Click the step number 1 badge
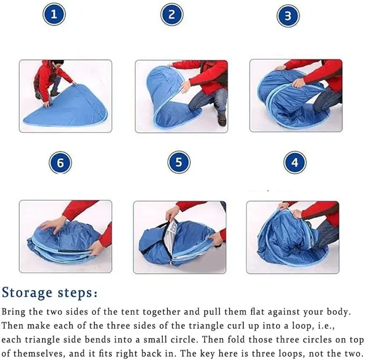54,15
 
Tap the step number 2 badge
172,15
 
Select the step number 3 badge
288,16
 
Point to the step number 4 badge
295,163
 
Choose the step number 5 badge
179,162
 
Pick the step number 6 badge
60,163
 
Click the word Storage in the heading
27,293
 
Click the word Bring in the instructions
13,312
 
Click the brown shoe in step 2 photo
222,120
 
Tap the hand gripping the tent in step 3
298,82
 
